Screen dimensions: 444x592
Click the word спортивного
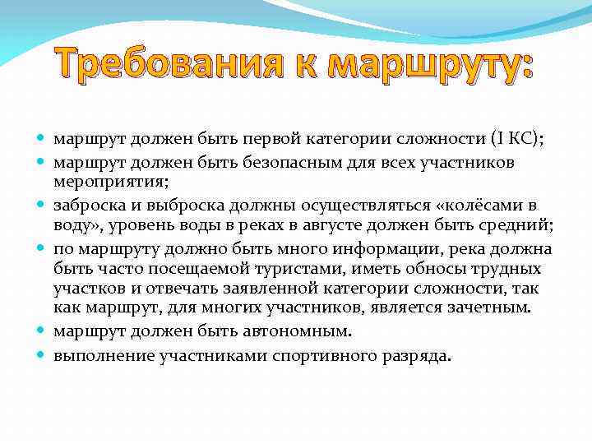click(x=326, y=356)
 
